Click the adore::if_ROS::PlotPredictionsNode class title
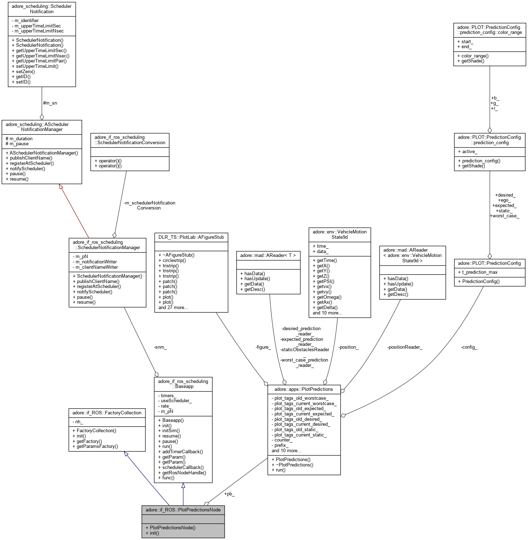pyautogui.click(x=183, y=510)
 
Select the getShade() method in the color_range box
pyautogui.click(x=473, y=61)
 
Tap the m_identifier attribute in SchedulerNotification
pyautogui.click(x=27, y=21)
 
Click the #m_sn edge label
pyautogui.click(x=50, y=103)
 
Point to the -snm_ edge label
pyautogui.click(x=160, y=347)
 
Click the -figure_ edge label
pyautogui.click(x=263, y=347)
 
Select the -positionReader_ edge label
pyautogui.click(x=404, y=347)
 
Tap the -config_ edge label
pyautogui.click(x=469, y=347)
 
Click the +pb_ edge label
pyautogui.click(x=229, y=494)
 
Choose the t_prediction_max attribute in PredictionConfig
pyautogui.click(x=480, y=272)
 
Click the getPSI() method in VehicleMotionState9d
pyautogui.click(x=326, y=281)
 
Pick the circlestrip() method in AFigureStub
pyautogui.click(x=172, y=261)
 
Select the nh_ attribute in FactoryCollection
pyautogui.click(x=79, y=422)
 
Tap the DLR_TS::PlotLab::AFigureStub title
pyautogui.click(x=191, y=237)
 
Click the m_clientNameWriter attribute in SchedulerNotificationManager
pyautogui.click(x=97, y=267)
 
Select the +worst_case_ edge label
pyautogui.click(x=504, y=216)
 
